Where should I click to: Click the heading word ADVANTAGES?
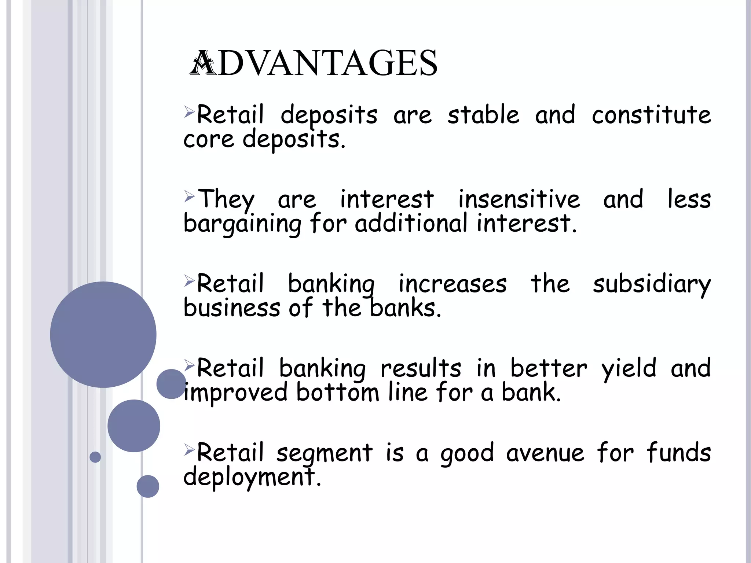(x=314, y=63)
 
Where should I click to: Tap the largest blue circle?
(x=103, y=334)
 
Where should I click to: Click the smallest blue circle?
(x=95, y=457)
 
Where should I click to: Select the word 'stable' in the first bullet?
(x=483, y=115)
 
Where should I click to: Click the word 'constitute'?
(x=651, y=115)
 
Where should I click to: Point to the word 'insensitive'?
(x=519, y=199)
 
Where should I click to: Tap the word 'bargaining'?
(x=242, y=224)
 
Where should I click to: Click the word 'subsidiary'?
(x=652, y=284)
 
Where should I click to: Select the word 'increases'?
(x=453, y=284)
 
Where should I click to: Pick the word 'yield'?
(x=629, y=369)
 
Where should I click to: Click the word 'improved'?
(x=235, y=393)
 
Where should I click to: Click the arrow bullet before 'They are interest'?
(x=189, y=197)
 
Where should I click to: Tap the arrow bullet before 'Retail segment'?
(x=189, y=449)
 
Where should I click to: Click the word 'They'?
(x=226, y=200)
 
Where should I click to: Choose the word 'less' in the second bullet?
(x=689, y=199)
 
